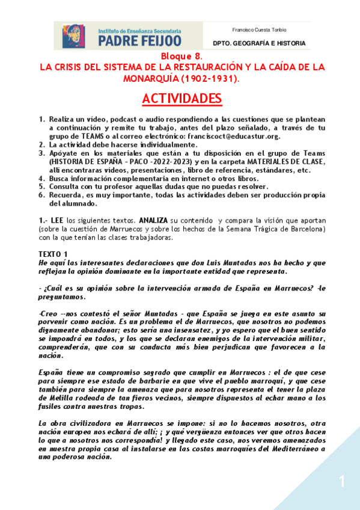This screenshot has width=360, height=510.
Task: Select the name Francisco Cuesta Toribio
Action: tap(259, 29)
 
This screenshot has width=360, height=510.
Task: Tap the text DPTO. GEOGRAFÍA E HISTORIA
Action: tap(259, 43)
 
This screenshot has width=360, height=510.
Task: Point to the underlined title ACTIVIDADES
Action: tap(182, 99)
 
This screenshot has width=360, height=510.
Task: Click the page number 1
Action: tap(341, 481)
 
